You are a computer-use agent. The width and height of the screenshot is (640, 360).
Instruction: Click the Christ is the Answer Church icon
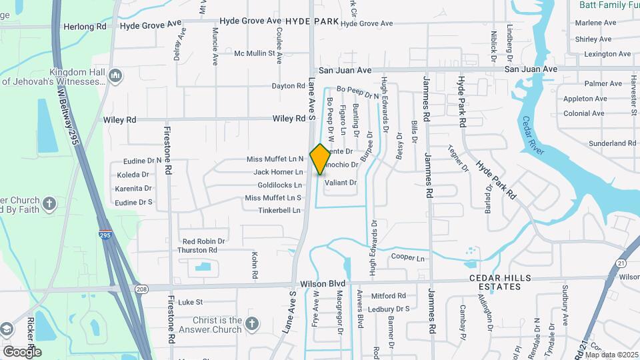[251, 325]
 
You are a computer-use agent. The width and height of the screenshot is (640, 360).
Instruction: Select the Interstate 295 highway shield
[107, 237]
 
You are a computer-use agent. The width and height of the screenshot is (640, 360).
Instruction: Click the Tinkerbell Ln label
[280, 211]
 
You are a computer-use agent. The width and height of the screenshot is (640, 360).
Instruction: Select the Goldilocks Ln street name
[279, 185]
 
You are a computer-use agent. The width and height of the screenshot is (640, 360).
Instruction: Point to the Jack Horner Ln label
[278, 172]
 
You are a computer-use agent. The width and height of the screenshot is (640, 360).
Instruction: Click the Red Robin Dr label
[203, 241]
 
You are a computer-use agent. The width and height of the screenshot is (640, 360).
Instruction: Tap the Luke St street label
[189, 302]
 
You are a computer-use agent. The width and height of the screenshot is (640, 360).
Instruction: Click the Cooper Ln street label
[408, 257]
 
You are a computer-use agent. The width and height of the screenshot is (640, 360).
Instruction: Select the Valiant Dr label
[340, 183]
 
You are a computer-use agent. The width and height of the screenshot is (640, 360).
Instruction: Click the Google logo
[22, 351]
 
